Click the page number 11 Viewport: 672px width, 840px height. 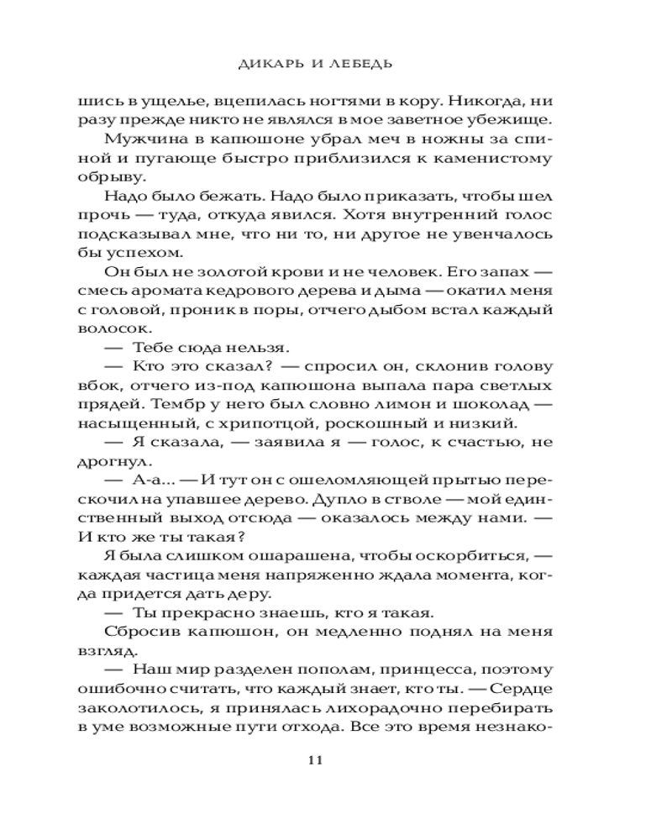tap(316, 760)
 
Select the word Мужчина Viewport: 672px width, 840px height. tap(138, 137)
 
